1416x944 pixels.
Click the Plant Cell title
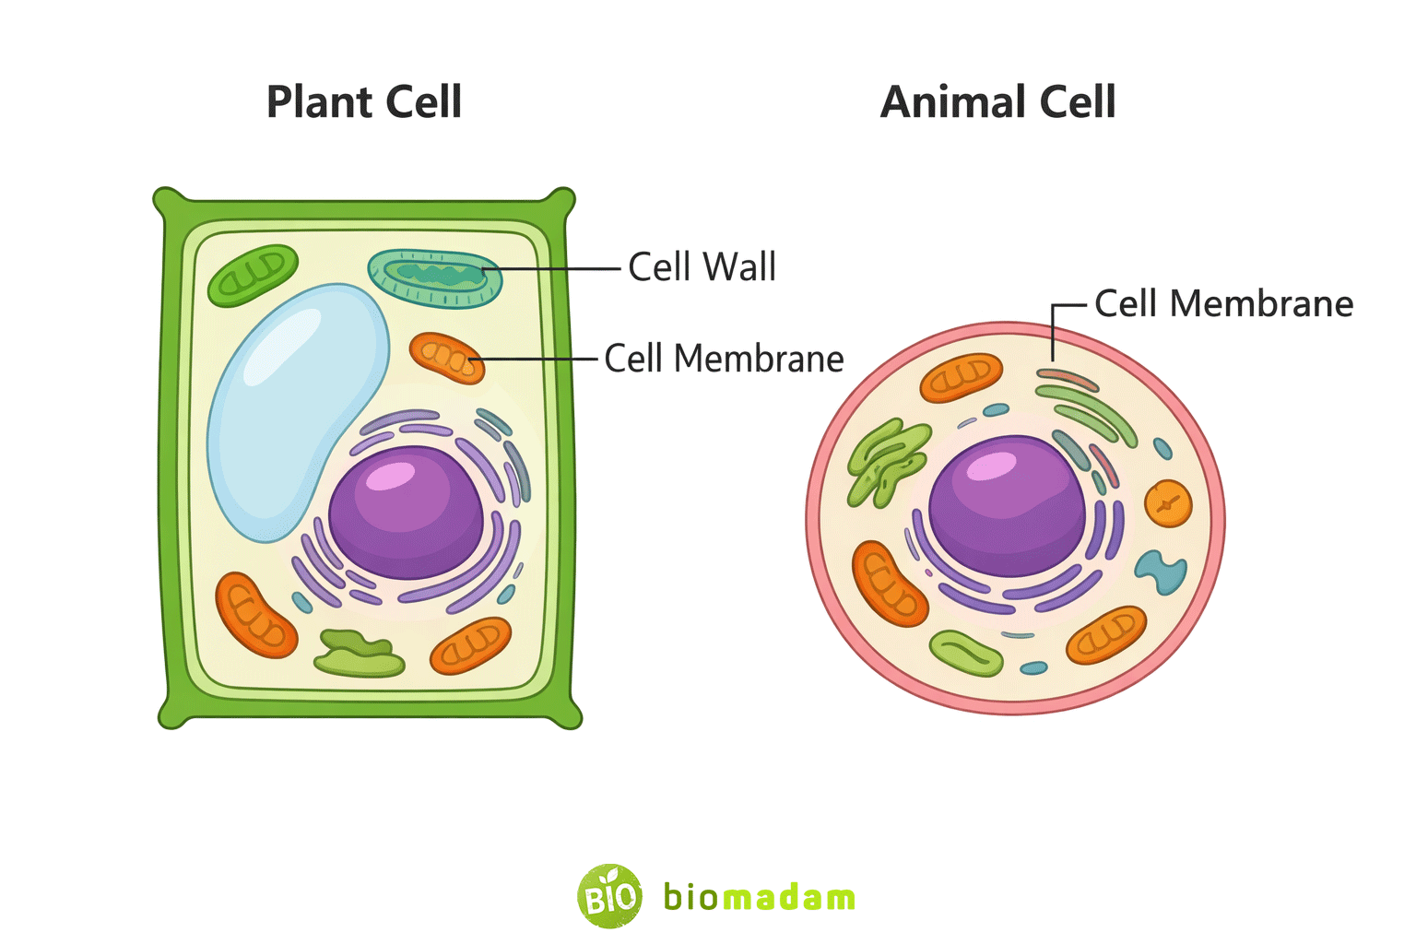click(x=363, y=101)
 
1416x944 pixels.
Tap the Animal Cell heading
click(x=997, y=101)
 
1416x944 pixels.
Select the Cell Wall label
click(x=702, y=267)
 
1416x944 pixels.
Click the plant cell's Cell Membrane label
click(x=724, y=359)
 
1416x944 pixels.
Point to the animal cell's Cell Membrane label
click(x=1223, y=303)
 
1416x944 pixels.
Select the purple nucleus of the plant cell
click(x=406, y=513)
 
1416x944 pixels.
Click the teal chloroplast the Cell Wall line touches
click(x=435, y=277)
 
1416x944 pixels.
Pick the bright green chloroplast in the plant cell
click(x=252, y=274)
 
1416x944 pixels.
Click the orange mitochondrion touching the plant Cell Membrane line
click(x=447, y=358)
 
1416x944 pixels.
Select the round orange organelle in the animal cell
click(x=1168, y=503)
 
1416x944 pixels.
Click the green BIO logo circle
click(x=609, y=895)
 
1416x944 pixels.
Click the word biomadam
click(x=759, y=897)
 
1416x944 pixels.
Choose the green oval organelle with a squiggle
click(x=965, y=653)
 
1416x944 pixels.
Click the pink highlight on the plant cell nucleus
click(x=391, y=476)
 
